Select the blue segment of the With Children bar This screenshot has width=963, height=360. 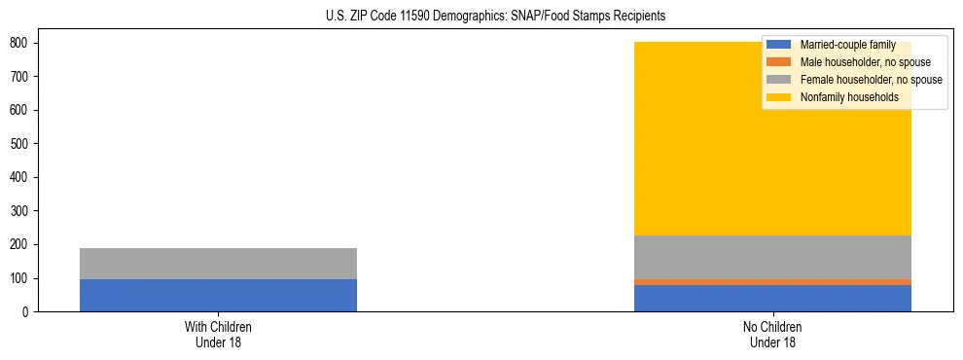tap(218, 295)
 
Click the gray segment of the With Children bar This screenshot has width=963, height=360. tap(218, 264)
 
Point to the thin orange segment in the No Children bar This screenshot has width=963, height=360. tap(772, 282)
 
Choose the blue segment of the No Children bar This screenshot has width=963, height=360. tap(772, 298)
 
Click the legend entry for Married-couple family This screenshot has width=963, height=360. tap(847, 45)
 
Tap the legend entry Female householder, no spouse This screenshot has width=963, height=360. tap(871, 80)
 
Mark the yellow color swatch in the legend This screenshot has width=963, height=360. tap(780, 97)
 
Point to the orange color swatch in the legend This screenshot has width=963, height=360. tap(780, 62)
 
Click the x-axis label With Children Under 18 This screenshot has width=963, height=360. tap(218, 334)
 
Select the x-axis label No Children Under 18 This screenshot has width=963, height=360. tap(772, 334)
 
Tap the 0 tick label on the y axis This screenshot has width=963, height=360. tap(27, 312)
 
